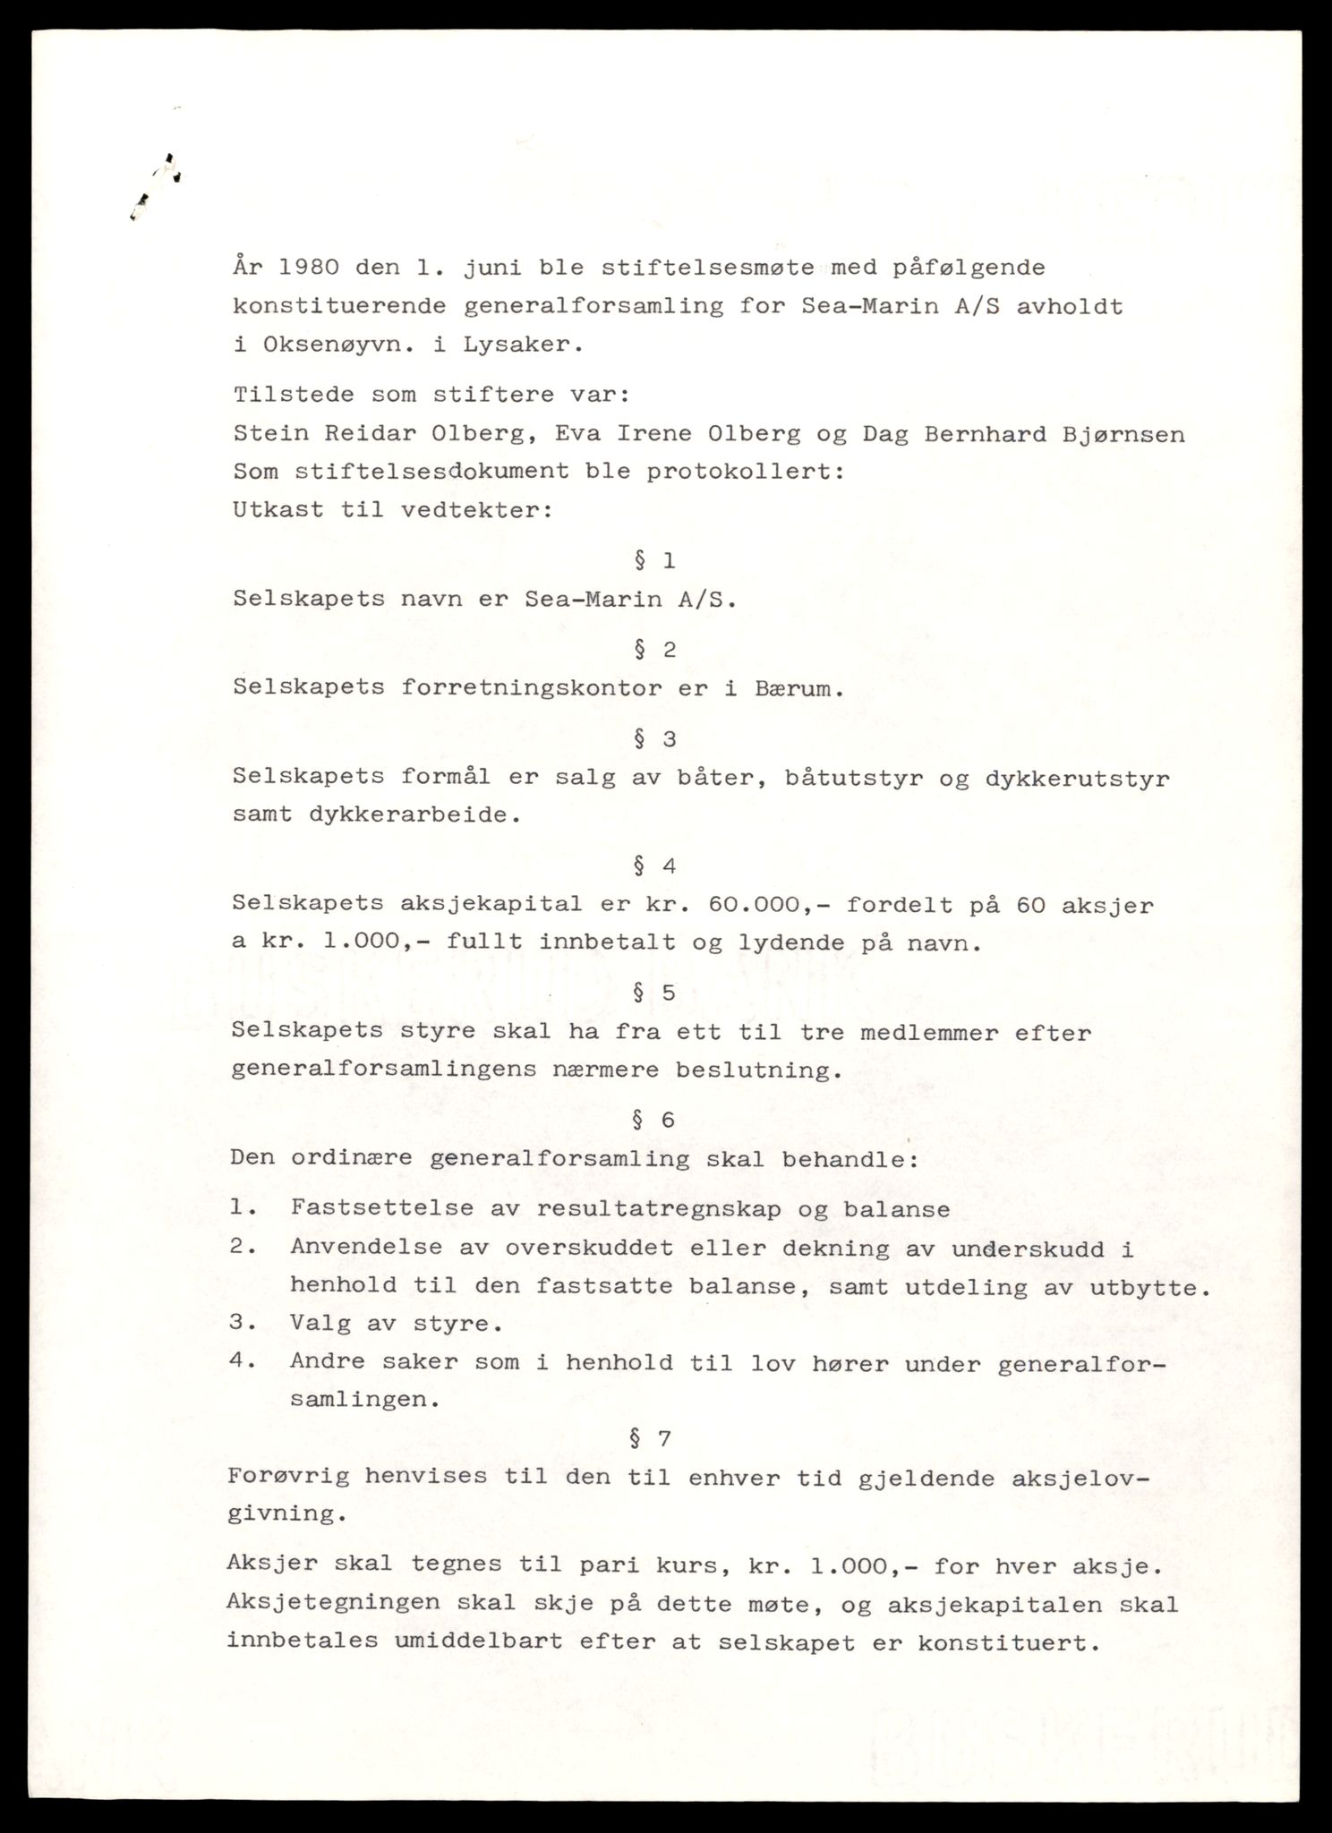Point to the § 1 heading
point(653,561)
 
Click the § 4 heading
point(653,865)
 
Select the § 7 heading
point(651,1439)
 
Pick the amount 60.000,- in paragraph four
point(764,905)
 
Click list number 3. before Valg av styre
point(243,1324)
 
